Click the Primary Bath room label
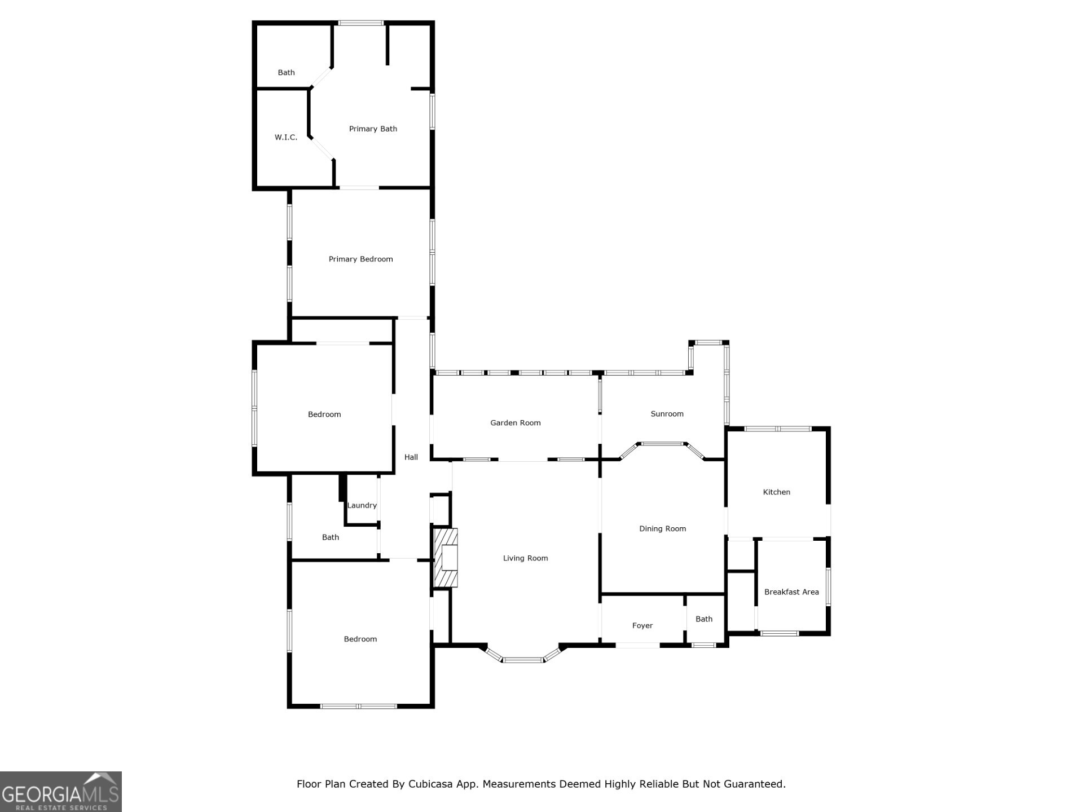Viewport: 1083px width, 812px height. (x=373, y=129)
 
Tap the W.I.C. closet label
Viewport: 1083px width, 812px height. (x=286, y=138)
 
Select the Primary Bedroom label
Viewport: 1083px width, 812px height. (x=360, y=259)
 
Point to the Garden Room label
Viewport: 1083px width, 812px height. (x=515, y=423)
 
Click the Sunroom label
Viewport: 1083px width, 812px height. (x=667, y=414)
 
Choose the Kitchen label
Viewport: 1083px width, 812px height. (x=776, y=492)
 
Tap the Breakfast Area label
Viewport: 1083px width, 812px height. (x=791, y=592)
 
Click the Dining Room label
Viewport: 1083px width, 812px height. (x=662, y=529)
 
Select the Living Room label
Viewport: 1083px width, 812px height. (x=525, y=558)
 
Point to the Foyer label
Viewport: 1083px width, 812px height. (x=642, y=626)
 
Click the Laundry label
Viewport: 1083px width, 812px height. (x=362, y=506)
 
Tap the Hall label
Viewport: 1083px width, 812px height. (x=411, y=457)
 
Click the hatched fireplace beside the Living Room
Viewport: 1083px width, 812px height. (x=445, y=558)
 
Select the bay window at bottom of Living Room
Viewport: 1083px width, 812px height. (x=523, y=659)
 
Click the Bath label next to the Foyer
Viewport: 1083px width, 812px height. (x=703, y=619)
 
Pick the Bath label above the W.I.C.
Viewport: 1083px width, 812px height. (x=286, y=73)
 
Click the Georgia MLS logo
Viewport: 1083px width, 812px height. (x=60, y=792)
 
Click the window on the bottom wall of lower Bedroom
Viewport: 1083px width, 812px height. (x=359, y=706)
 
